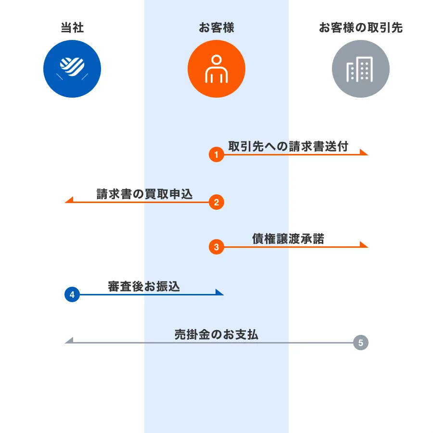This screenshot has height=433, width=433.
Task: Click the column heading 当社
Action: [72, 27]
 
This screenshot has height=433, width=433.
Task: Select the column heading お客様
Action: [216, 27]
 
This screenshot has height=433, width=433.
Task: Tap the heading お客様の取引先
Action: [361, 27]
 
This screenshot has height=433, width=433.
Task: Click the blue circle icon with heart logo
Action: [72, 69]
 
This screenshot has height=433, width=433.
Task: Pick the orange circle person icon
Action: [216, 69]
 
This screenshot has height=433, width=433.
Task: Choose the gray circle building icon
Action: [361, 69]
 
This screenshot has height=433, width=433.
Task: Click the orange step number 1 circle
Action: [216, 154]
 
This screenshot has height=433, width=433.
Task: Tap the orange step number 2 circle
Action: [216, 202]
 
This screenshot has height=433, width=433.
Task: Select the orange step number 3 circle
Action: [216, 247]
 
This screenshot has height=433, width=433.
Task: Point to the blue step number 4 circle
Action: [72, 294]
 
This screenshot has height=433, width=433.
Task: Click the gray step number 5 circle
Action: [361, 343]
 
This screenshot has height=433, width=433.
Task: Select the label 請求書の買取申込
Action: [144, 194]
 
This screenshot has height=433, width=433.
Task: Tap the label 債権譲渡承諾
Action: [288, 239]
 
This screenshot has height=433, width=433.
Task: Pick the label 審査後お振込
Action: [144, 286]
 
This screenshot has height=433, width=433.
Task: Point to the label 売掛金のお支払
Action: [216, 334]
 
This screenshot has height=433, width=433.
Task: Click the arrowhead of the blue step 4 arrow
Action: [220, 292]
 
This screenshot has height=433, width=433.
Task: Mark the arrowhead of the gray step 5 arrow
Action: [68, 341]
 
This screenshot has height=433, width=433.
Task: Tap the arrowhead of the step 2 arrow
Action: [68, 200]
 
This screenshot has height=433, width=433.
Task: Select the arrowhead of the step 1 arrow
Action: [365, 153]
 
